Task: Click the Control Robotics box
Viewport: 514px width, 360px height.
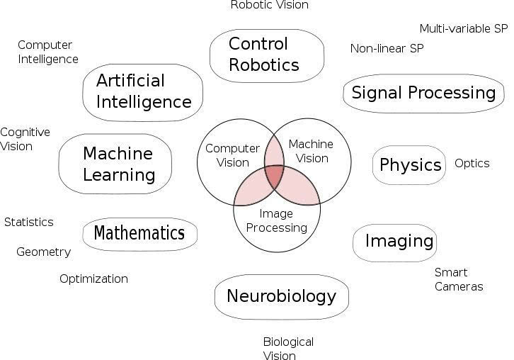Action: [x=267, y=55]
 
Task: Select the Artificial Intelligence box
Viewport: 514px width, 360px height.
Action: [x=142, y=93]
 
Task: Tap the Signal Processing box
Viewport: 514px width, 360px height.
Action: [x=423, y=94]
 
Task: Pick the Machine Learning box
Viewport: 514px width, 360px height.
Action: [x=115, y=164]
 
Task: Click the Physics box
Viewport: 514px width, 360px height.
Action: [x=409, y=164]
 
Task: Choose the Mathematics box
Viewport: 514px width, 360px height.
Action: [x=139, y=234]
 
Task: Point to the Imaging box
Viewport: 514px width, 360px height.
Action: [x=394, y=243]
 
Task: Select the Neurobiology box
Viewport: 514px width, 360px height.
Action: [x=282, y=297]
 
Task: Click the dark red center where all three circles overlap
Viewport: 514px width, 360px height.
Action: [x=275, y=176]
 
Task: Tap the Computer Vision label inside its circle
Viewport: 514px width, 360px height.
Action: [x=232, y=156]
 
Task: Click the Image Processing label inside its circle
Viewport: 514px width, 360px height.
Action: [x=276, y=220]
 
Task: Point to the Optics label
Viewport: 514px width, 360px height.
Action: [x=472, y=164]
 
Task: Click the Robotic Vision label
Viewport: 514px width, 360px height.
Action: [x=270, y=5]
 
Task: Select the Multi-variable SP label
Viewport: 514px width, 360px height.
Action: [x=464, y=28]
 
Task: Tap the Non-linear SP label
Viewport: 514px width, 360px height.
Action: [x=387, y=49]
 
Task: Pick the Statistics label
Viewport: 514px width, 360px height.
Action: [x=29, y=223]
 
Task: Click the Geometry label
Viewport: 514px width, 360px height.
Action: [x=44, y=252]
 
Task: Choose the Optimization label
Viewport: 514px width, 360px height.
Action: [x=93, y=279]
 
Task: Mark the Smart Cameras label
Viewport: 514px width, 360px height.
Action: [x=459, y=279]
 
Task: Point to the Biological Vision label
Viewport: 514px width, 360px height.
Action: [x=288, y=348]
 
